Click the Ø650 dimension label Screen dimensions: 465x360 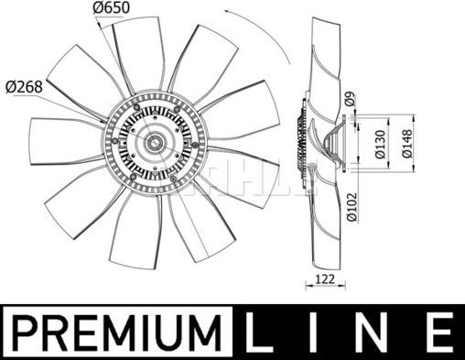click(x=111, y=8)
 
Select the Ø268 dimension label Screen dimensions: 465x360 click(x=24, y=87)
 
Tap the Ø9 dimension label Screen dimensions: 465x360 click(x=351, y=99)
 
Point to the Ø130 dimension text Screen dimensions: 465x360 click(x=380, y=144)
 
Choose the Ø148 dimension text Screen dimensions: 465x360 click(x=407, y=144)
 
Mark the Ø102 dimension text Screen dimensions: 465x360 click(x=351, y=207)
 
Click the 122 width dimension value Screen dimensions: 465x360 click(x=325, y=278)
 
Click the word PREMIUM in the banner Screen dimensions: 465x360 click(x=117, y=333)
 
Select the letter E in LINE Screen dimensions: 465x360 click(x=438, y=333)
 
